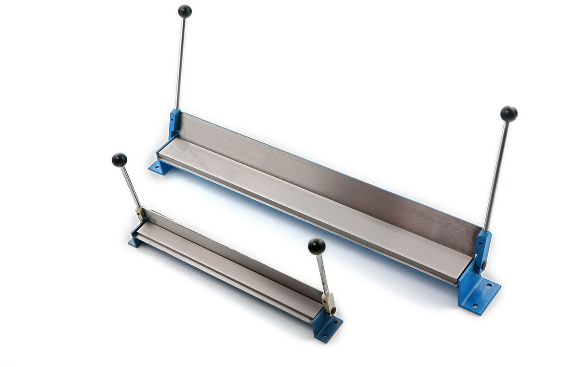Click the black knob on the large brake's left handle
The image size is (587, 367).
(x=184, y=11)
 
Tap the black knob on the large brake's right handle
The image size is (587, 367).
(x=509, y=114)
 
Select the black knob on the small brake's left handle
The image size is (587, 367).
(x=119, y=160)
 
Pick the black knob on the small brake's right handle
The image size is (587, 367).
(x=316, y=246)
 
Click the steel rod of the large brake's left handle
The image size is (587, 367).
(x=181, y=64)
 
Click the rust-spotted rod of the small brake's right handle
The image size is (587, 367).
(x=322, y=274)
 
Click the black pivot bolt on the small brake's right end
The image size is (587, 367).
(x=333, y=310)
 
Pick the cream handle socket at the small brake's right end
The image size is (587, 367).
(x=328, y=302)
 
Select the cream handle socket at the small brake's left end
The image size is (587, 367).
(x=140, y=213)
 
